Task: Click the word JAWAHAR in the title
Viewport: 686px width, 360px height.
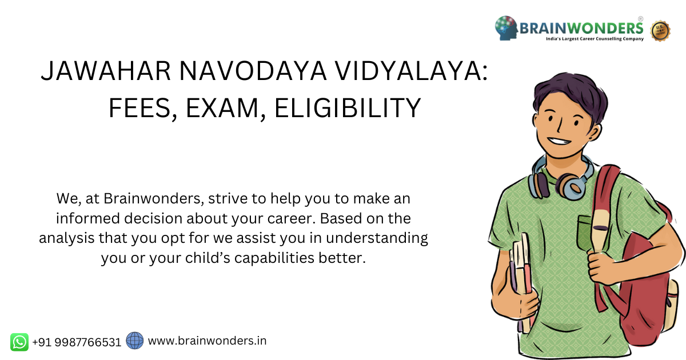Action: point(106,71)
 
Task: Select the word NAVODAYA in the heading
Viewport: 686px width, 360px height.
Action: point(253,71)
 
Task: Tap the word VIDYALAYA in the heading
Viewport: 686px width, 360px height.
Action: point(410,71)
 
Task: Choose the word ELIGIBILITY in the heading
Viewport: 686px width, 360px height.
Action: point(348,107)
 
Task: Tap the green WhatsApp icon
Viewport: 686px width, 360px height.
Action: point(19,342)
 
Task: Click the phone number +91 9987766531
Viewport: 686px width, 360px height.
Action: point(77,342)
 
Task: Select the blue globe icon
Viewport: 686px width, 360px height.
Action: point(135,341)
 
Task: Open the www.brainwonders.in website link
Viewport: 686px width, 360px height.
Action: point(208,341)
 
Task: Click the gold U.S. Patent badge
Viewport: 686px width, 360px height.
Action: point(660,31)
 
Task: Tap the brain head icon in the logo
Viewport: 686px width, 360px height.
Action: point(506,28)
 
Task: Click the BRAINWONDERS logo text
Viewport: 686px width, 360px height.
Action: point(581,29)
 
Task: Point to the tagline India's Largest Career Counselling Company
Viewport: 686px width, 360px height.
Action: point(595,39)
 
